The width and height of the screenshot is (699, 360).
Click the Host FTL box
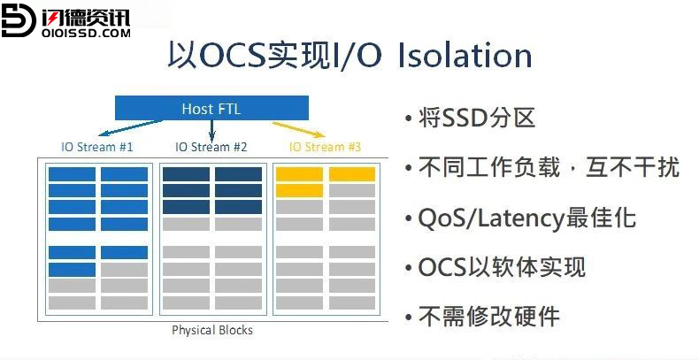point(211,108)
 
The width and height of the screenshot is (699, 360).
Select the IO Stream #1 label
point(97,147)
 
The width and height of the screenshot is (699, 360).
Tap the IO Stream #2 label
point(211,147)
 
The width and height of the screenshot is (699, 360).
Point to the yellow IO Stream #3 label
point(325,147)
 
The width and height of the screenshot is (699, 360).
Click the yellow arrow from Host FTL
point(299,129)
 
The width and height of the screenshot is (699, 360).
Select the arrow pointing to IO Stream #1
point(130,128)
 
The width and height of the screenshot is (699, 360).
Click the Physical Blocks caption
point(212,330)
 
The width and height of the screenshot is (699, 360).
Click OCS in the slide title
point(232,56)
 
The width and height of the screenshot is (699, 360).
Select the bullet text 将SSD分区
point(477,119)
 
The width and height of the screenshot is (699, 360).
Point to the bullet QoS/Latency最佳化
point(527,218)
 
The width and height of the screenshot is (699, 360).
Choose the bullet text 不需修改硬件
point(488,318)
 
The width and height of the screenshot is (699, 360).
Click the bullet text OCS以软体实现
point(502,267)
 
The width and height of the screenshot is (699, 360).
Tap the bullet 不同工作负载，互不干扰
point(549,168)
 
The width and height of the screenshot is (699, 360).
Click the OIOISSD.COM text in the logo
point(86,33)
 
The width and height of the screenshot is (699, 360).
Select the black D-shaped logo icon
point(18,19)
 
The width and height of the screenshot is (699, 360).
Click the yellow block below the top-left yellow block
point(299,190)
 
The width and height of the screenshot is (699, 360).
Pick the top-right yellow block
point(352,174)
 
